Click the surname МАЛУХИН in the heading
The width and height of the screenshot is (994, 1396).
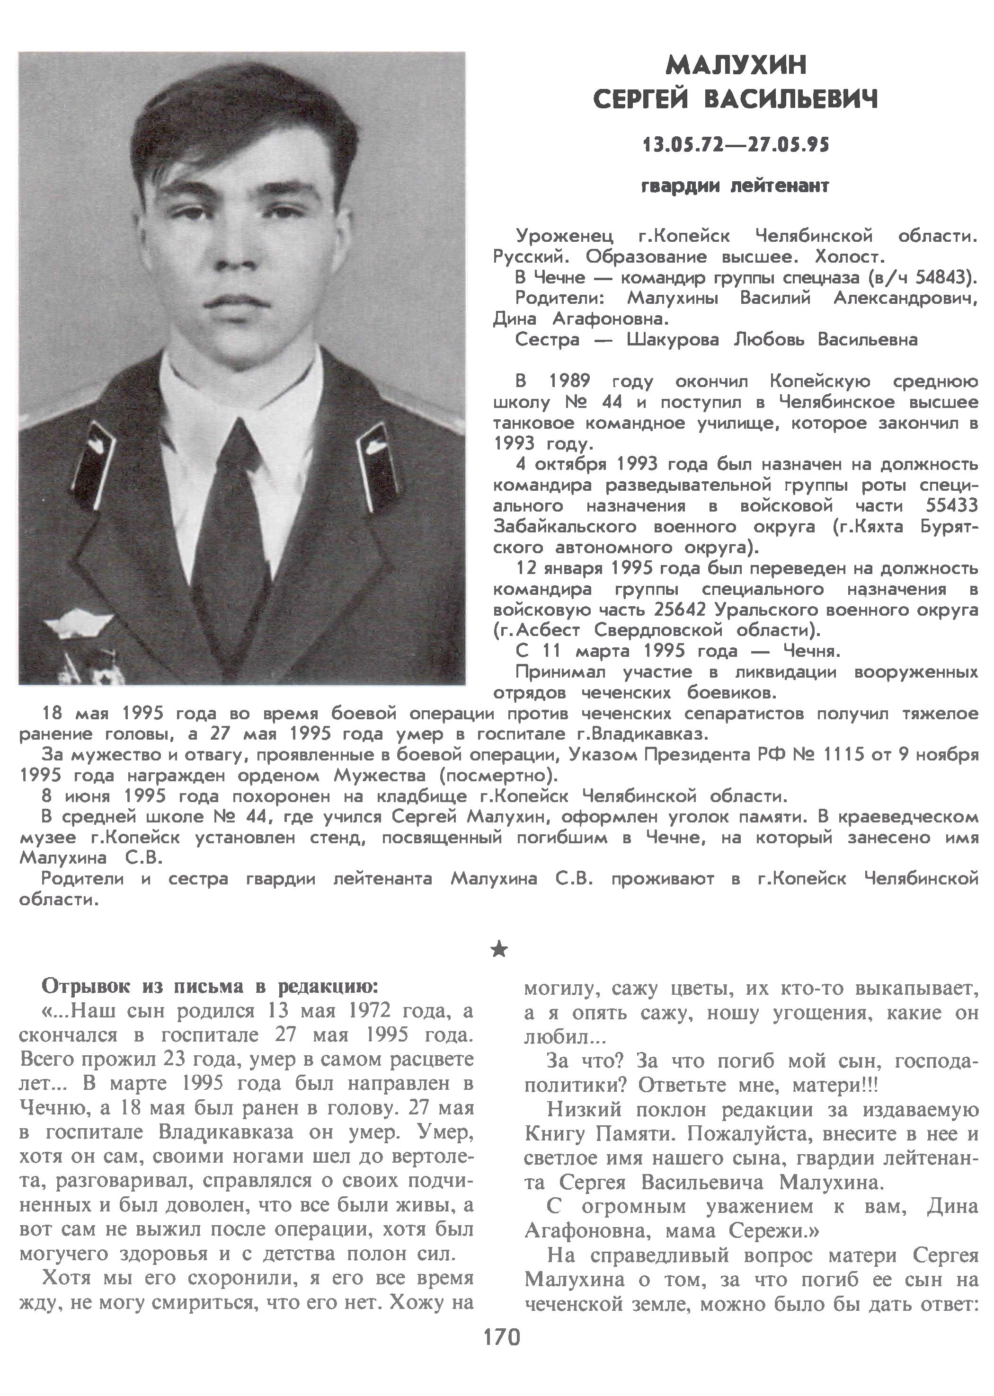[x=736, y=64]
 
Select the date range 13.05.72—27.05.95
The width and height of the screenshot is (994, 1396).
[x=735, y=145]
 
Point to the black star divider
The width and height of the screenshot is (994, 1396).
[x=499, y=949]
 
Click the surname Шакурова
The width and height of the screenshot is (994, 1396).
[x=673, y=340]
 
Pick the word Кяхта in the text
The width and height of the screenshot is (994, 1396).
[x=877, y=527]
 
